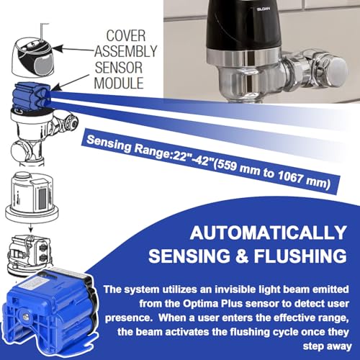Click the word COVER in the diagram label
tap(126, 36)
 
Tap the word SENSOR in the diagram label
tap(119, 68)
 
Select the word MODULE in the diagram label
tap(119, 83)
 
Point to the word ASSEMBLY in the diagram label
tap(126, 51)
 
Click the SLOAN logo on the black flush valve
tap(264, 9)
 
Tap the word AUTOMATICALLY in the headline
tap(268, 233)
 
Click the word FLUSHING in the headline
tap(300, 256)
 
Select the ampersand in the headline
tap(242, 256)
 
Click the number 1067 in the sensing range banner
tap(290, 176)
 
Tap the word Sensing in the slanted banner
tap(109, 143)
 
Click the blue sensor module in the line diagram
tap(32, 96)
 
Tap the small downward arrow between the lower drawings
tap(31, 228)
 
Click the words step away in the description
tap(327, 346)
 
